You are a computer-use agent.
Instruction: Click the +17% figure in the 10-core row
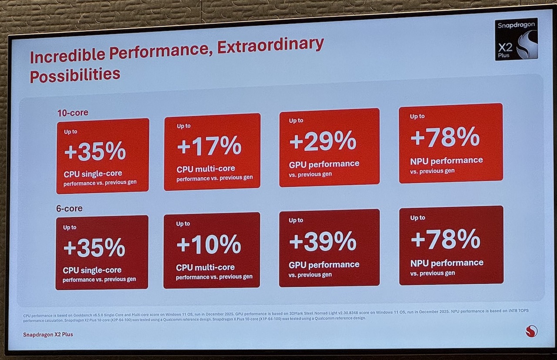[209, 146]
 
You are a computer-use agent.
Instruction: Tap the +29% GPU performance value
[322, 141]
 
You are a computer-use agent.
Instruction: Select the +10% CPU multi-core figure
[208, 244]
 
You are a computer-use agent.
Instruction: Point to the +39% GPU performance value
[322, 241]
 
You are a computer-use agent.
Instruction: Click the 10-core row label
[73, 113]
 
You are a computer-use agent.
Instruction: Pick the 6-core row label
[70, 209]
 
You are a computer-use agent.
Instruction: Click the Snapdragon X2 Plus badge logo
[517, 39]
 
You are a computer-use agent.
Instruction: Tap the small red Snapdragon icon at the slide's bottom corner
[531, 331]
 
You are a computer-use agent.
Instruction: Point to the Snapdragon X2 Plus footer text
[48, 334]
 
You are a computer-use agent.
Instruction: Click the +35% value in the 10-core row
[95, 151]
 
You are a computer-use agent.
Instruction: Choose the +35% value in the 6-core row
[94, 247]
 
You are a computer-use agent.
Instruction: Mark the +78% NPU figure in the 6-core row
[445, 239]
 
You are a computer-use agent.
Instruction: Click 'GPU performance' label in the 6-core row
[324, 265]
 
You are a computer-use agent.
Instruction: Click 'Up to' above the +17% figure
[184, 126]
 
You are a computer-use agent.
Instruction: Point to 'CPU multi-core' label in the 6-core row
[205, 267]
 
